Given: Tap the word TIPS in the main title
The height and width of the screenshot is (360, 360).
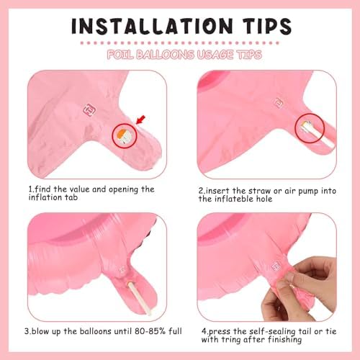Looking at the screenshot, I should click(261, 26).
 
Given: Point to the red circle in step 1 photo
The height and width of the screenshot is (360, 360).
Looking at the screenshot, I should click(126, 135).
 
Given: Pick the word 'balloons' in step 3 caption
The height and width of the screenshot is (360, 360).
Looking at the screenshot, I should click(84, 331).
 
